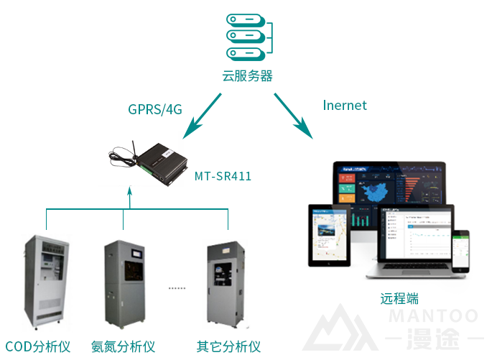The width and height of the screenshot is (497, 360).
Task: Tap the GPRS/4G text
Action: (x=155, y=109)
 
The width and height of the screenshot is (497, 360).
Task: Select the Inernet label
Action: (x=345, y=106)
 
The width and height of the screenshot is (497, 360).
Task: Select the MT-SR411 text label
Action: (x=223, y=175)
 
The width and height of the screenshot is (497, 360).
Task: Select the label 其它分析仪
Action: (x=228, y=346)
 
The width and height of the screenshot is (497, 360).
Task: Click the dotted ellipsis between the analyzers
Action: (x=177, y=288)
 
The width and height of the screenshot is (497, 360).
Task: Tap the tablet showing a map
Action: (x=328, y=234)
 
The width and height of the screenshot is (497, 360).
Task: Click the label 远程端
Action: (x=399, y=298)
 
